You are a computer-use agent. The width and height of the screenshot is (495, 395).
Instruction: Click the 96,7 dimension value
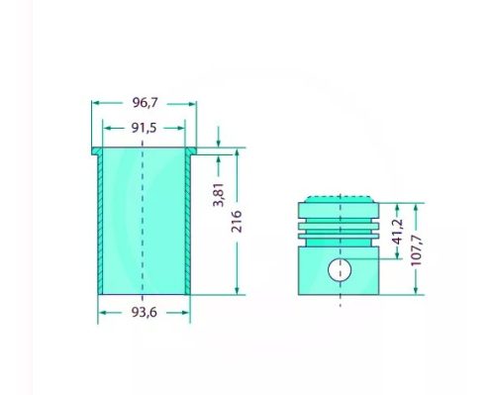pos(144,102)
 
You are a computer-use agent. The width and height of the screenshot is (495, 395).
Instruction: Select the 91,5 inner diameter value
pos(144,127)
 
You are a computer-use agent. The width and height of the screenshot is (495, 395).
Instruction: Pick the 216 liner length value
pos(237,222)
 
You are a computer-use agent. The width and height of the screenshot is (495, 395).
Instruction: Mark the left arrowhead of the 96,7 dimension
pos(96,102)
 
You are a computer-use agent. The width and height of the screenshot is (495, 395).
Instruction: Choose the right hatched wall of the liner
pos(187,223)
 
